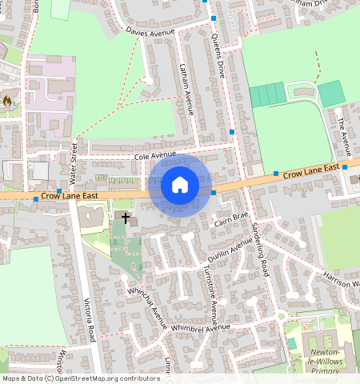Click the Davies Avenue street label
(150, 31)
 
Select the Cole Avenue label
(154, 155)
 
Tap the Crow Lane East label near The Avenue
(311, 171)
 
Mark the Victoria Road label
(90, 320)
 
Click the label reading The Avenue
(343, 131)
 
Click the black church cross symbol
(126, 218)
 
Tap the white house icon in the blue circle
(180, 185)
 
